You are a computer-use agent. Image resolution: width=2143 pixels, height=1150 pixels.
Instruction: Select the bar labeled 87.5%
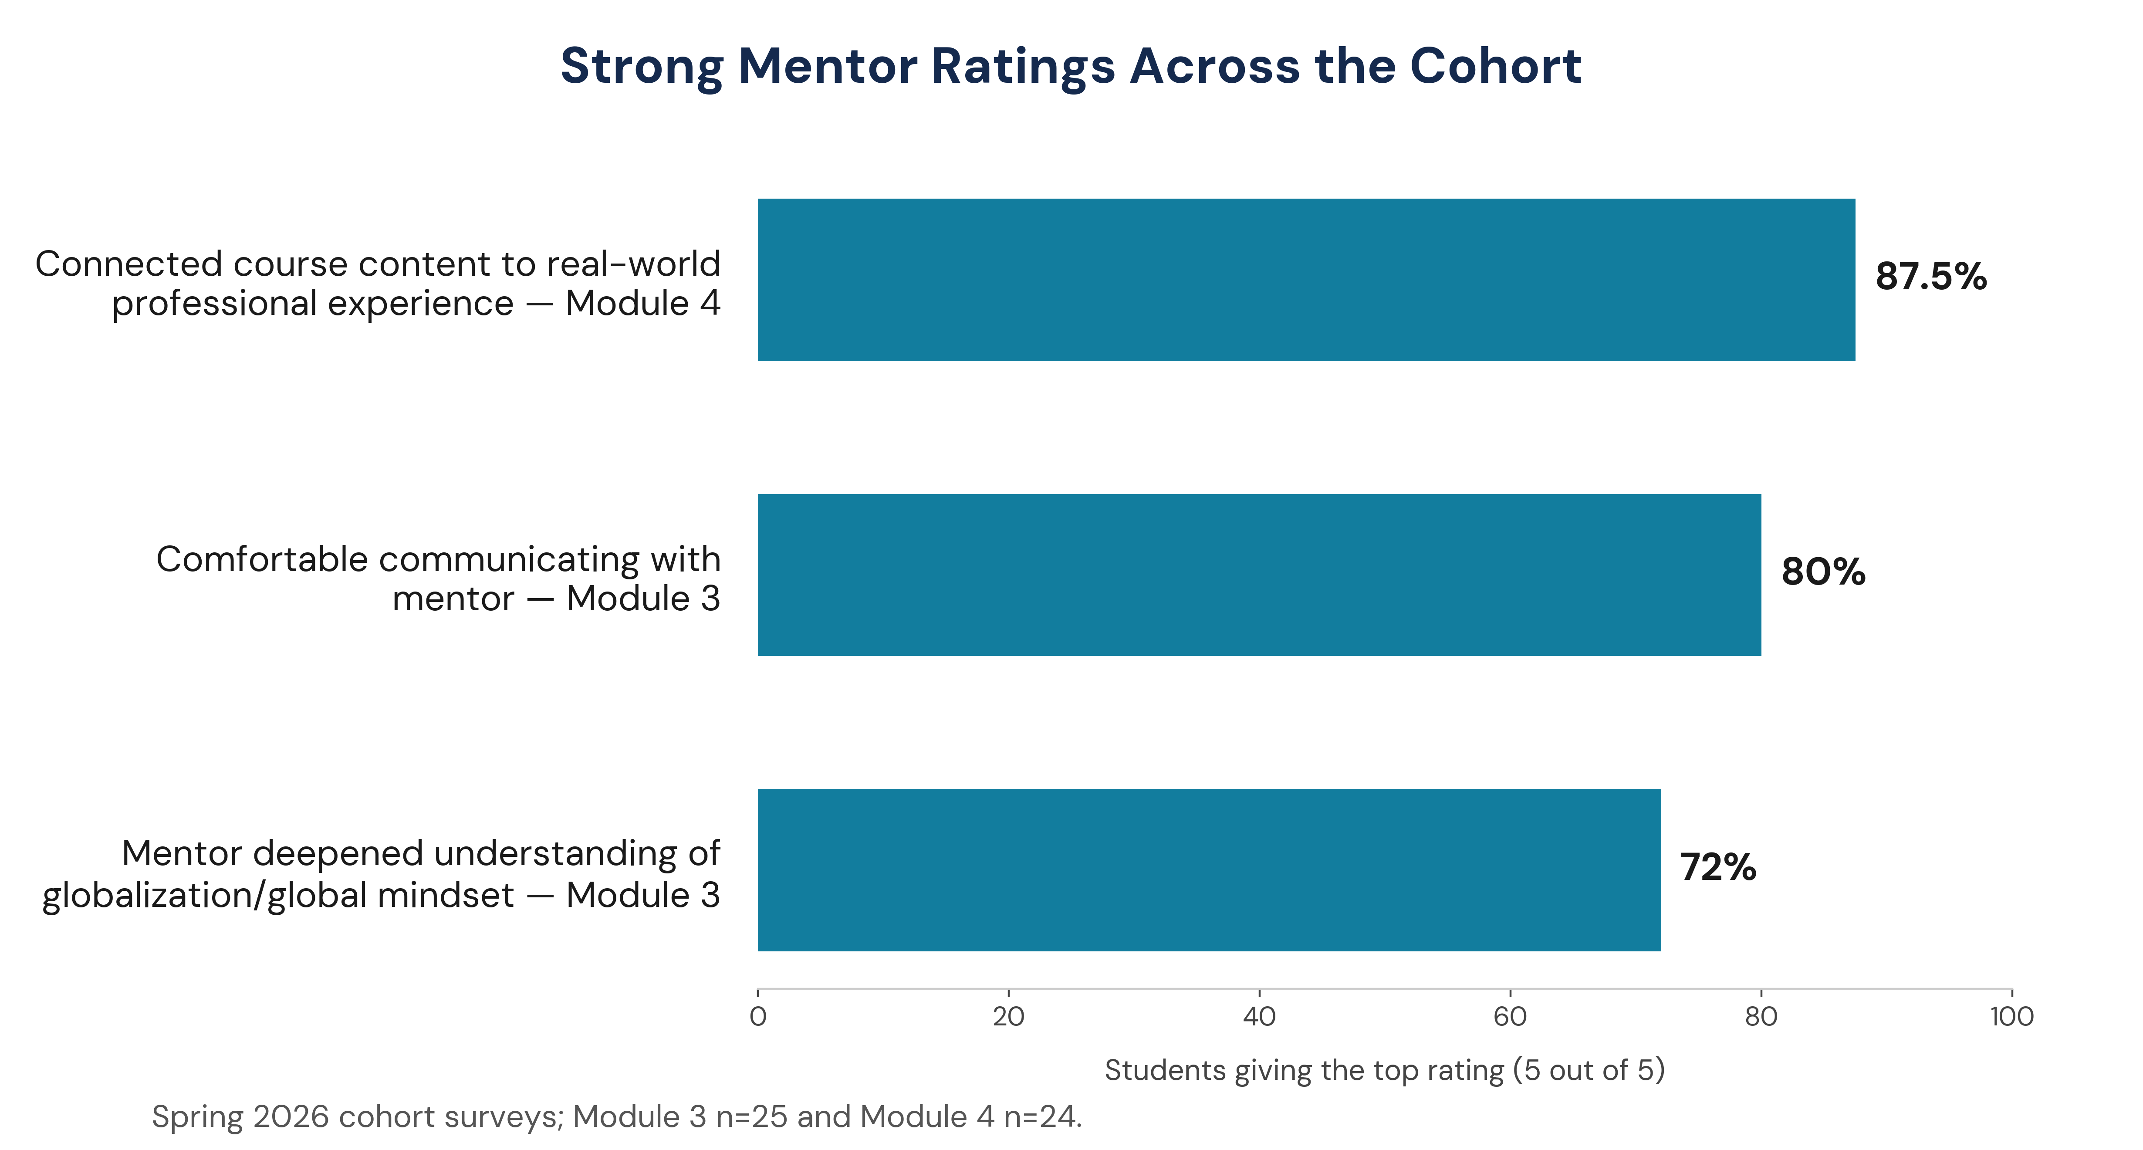[1306, 280]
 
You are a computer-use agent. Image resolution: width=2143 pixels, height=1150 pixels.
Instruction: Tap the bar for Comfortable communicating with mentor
[1260, 575]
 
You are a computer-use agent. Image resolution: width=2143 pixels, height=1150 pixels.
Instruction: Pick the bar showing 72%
[1210, 869]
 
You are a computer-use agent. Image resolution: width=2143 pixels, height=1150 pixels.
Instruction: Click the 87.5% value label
[1931, 276]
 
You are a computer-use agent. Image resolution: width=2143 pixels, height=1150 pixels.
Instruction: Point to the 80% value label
[1824, 572]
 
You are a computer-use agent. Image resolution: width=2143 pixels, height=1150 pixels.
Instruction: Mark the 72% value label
[1718, 867]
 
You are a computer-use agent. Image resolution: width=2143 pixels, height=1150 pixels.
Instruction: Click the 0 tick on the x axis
[758, 1016]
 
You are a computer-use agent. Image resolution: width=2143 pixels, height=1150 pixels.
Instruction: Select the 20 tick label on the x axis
[1008, 1016]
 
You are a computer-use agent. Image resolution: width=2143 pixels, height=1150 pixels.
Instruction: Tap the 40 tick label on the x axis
[1260, 1016]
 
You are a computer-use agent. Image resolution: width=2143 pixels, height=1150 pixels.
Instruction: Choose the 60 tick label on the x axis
[1510, 1016]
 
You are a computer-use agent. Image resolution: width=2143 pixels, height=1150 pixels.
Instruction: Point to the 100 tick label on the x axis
[2011, 1016]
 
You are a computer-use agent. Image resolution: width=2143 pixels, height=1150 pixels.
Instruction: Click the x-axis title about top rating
[1384, 1070]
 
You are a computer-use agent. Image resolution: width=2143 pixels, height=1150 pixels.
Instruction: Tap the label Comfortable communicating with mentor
[439, 578]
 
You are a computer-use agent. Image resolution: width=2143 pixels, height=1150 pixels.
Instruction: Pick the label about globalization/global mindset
[381, 874]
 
